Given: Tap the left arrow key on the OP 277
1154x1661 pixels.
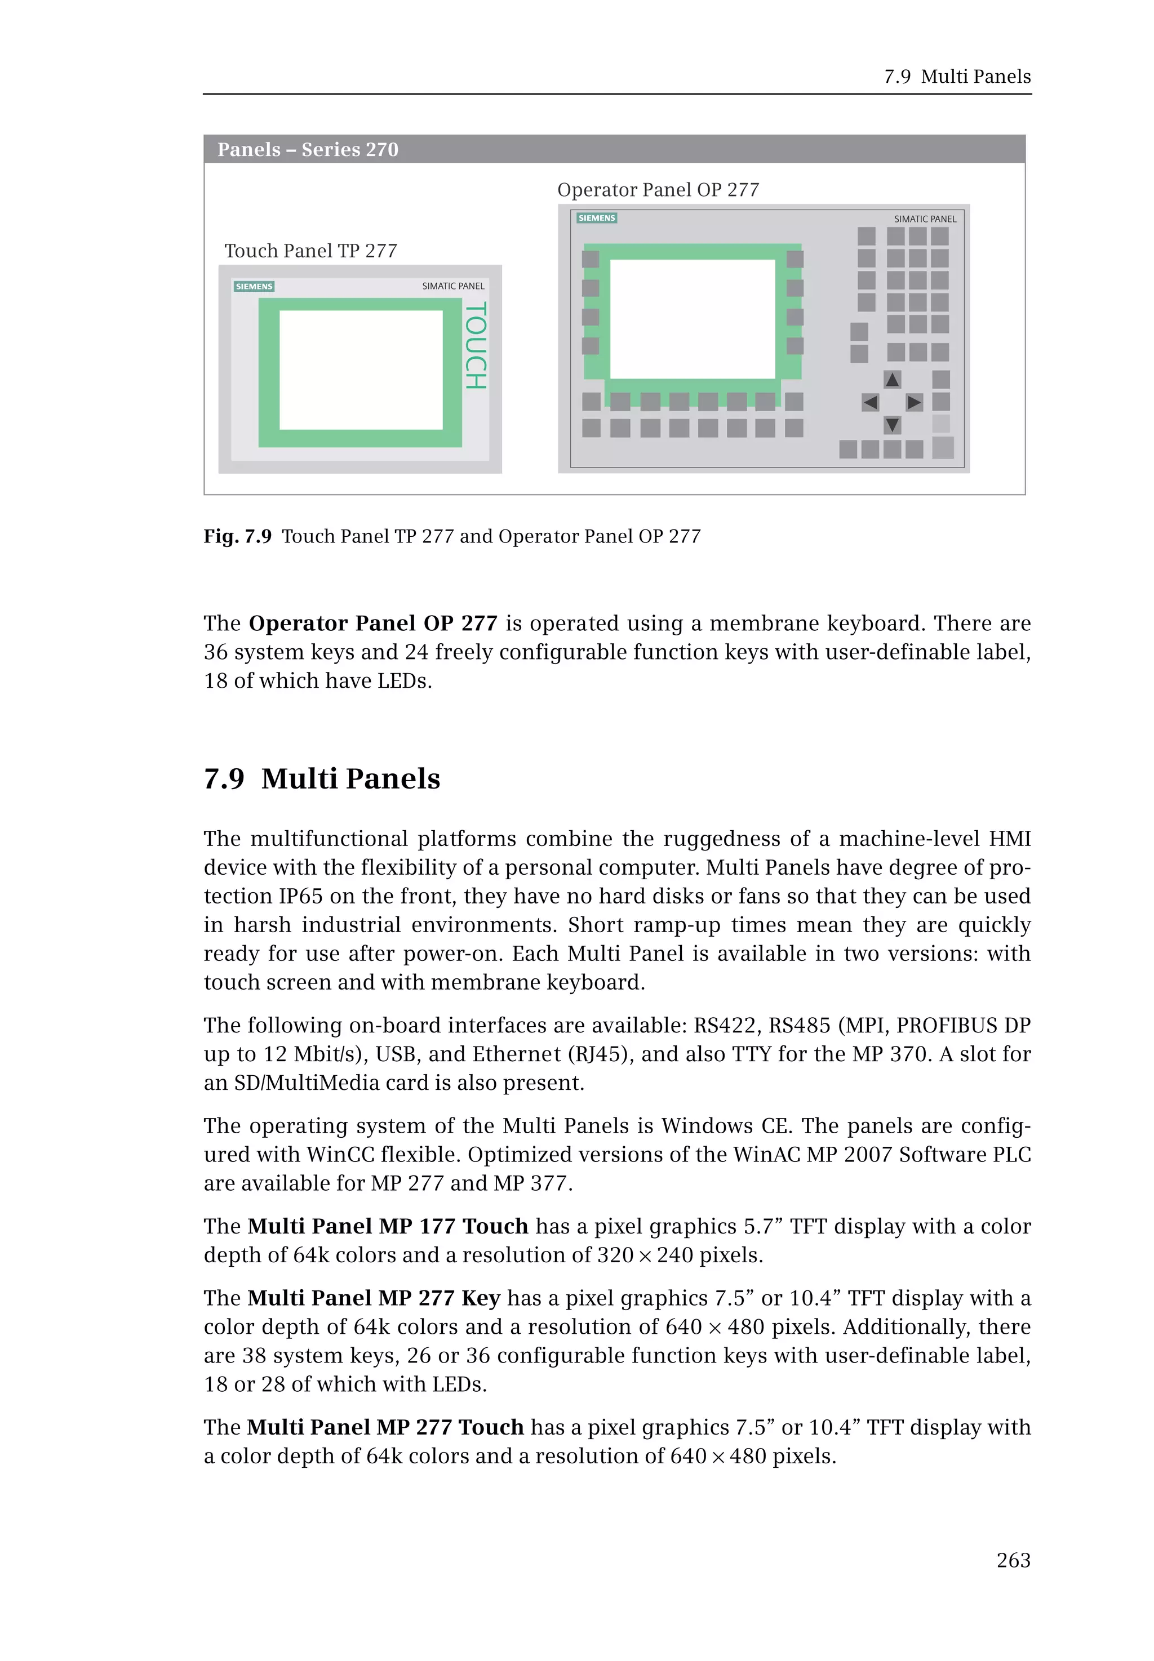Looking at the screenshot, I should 871,403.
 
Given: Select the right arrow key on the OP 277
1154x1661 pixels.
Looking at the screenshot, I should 915,403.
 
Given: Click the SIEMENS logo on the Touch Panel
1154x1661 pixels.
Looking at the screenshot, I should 254,286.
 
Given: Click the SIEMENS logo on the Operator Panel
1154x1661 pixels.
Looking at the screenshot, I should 597,217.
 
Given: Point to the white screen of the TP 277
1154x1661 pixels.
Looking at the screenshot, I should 361,370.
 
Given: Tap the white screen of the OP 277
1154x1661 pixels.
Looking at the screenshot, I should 692,319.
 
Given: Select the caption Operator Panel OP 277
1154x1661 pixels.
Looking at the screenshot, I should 658,190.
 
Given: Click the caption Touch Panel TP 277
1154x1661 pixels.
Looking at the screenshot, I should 311,251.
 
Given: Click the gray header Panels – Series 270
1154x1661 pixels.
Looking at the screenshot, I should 308,150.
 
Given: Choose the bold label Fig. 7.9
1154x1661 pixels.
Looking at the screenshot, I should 237,536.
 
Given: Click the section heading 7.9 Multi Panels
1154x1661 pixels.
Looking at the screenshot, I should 322,778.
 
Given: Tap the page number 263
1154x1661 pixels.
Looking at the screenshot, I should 1013,1561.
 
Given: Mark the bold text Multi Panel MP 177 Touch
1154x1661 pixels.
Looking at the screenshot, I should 388,1227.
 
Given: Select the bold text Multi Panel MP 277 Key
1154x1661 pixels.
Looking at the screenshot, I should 374,1298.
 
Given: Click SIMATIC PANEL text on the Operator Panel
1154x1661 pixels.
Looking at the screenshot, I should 925,219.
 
